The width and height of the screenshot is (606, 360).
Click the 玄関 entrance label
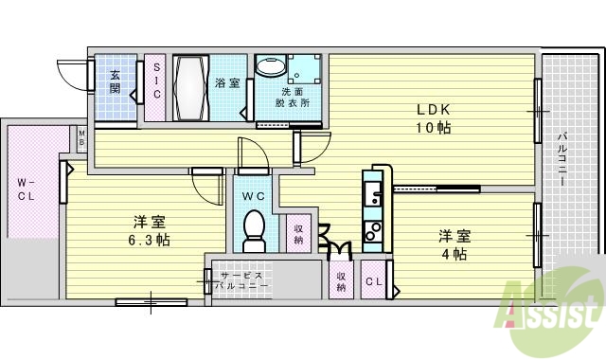click(114, 82)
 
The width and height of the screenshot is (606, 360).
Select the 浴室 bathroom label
click(226, 81)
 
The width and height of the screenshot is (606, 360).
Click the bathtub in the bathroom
click(192, 87)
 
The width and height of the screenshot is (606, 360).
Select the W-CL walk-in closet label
click(26, 190)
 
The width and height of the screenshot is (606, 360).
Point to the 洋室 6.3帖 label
click(151, 230)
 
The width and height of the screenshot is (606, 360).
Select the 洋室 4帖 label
click(453, 244)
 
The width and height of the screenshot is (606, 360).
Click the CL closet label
click(373, 280)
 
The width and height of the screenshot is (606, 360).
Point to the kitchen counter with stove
click(375, 209)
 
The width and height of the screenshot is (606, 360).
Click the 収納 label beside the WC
click(298, 233)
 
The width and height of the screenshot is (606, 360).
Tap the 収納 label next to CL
click(342, 281)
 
